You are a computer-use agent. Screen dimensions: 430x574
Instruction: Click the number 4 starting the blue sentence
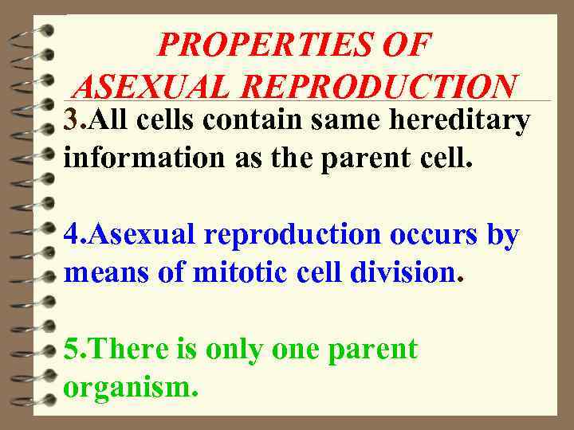pos(72,236)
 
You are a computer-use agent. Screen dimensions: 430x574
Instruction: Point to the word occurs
pos(435,236)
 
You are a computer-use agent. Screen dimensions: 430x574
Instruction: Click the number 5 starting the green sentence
pos(72,350)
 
